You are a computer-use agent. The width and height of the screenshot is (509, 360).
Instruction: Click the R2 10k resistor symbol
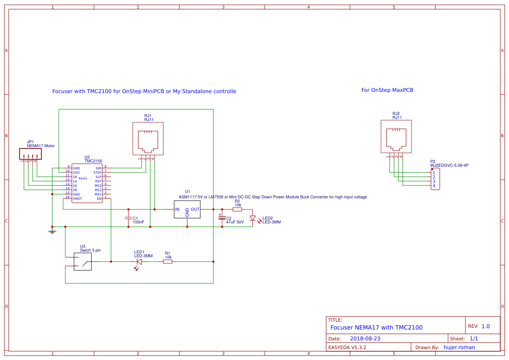pos(237,209)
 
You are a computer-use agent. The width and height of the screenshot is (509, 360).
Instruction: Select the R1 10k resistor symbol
pos(168,262)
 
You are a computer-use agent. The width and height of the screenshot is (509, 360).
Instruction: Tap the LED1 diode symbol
pos(139,262)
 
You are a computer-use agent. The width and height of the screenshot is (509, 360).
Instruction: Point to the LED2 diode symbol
pos(253,218)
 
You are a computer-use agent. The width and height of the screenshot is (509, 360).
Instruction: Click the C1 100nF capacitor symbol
pos(128,218)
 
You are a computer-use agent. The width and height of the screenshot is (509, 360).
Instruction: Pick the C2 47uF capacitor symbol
pos(222,217)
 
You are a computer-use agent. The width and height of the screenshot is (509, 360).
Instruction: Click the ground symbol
pos(52,231)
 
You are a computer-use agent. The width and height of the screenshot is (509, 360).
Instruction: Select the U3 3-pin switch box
pos(83,262)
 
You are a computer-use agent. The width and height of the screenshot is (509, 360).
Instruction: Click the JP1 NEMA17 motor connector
pos(30,154)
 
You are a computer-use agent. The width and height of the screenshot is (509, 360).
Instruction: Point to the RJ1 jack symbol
pos(148,138)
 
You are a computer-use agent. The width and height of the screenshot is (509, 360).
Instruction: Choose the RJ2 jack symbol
pos(396,137)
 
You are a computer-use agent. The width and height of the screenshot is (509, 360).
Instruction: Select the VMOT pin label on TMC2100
pos(78,199)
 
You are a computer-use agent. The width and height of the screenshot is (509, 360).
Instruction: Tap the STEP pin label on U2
pos(97,172)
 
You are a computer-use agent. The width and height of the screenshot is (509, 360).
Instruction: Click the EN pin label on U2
pos(99,199)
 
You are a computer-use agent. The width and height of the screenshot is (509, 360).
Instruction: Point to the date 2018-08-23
pos(365,338)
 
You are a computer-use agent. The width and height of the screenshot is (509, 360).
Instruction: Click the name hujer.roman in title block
pos(459,347)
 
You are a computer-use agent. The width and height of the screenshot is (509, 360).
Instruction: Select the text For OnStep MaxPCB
pos(387,90)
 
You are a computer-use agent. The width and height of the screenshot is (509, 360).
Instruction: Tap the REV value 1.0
pos(485,326)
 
